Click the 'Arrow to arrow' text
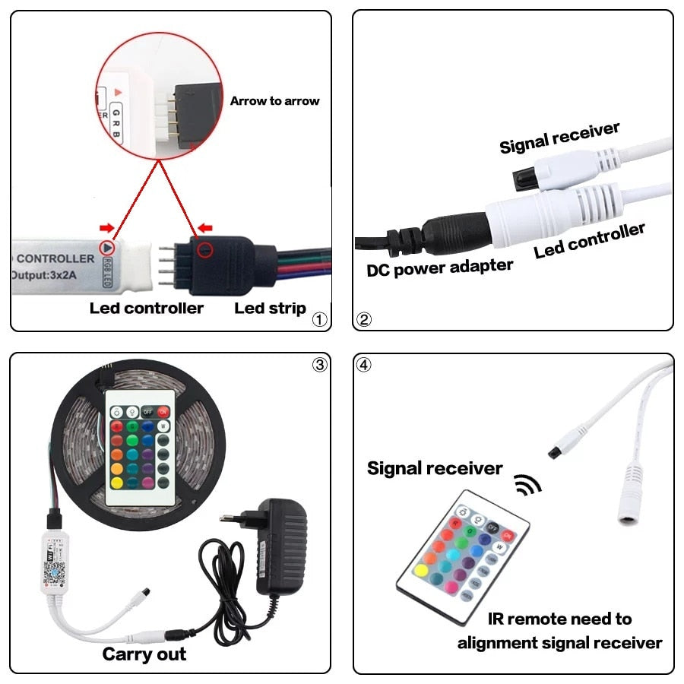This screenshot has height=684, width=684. point(274,101)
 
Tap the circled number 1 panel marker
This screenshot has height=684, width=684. point(319,320)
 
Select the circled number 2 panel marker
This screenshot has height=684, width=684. point(365,320)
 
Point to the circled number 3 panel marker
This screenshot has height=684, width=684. point(319,365)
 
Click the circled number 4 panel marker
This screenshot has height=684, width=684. point(365,365)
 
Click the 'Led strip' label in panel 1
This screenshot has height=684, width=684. point(270,308)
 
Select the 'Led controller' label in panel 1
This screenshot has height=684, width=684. point(146,308)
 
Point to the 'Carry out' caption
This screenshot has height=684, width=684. point(144,654)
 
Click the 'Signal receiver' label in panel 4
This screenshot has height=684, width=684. point(434,468)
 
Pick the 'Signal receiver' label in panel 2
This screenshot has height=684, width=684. point(559,138)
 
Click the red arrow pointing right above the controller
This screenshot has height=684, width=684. point(108,227)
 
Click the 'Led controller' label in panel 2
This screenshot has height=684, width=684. point(589,241)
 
